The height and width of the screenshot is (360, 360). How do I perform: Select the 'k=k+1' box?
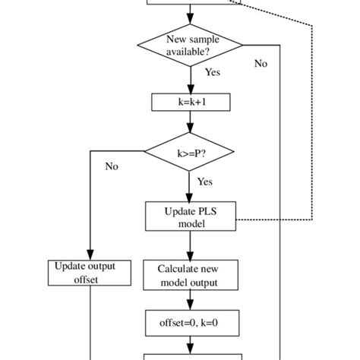pyautogui.click(x=191, y=102)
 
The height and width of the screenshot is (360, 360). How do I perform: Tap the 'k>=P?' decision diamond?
pyautogui.click(x=191, y=153)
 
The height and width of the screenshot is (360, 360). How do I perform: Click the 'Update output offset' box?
pyautogui.click(x=90, y=273)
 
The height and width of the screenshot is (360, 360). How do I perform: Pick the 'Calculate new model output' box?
pyautogui.click(x=191, y=276)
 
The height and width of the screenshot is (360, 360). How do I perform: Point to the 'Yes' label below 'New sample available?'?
pyautogui.click(x=213, y=73)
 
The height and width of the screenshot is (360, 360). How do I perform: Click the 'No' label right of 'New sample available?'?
pyautogui.click(x=261, y=64)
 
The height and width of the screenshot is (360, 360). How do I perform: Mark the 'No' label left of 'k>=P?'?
pyautogui.click(x=112, y=166)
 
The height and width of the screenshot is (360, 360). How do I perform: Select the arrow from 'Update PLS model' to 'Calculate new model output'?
pyautogui.click(x=191, y=245)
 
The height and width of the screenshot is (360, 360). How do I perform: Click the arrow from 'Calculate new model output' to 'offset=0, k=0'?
pyautogui.click(x=191, y=299)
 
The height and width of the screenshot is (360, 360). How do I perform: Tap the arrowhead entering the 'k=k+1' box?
pyautogui.click(x=191, y=89)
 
